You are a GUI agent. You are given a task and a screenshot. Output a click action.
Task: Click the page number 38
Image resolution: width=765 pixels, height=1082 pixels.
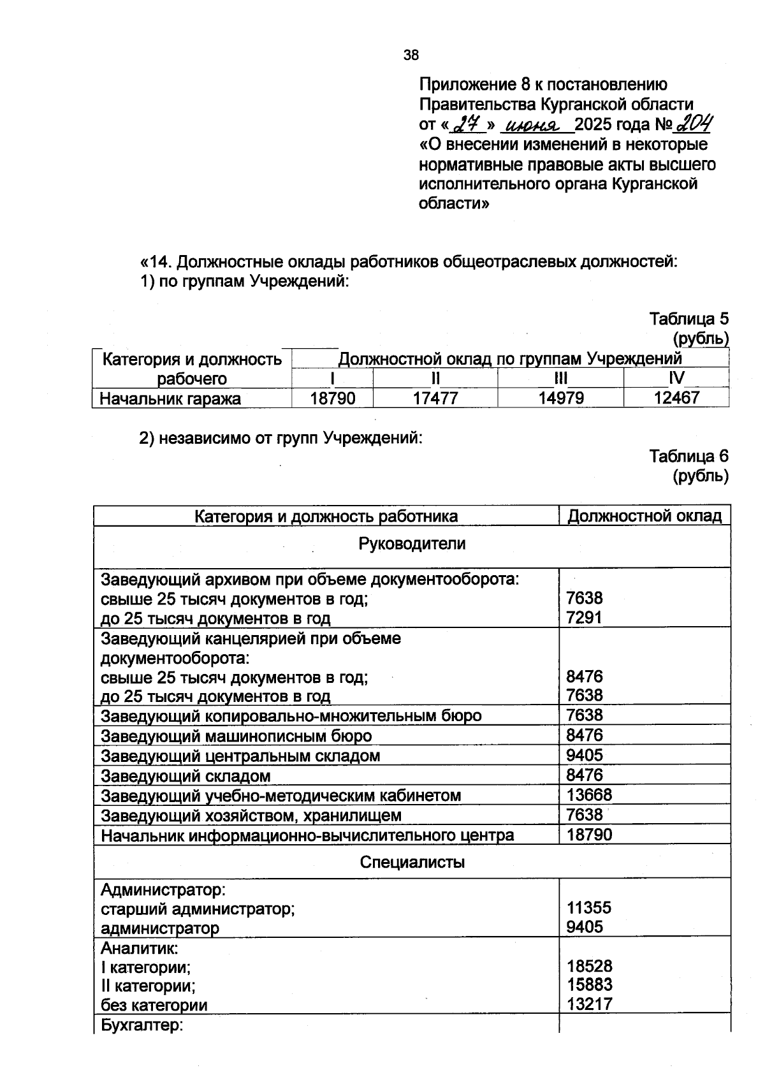click(x=411, y=55)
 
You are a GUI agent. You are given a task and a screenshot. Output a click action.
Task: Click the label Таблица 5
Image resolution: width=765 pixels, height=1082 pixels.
click(x=688, y=318)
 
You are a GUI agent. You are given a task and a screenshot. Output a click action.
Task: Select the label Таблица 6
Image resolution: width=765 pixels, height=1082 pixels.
click(x=688, y=457)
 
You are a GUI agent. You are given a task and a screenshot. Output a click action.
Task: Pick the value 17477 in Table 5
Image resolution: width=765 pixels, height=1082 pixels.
click(x=435, y=398)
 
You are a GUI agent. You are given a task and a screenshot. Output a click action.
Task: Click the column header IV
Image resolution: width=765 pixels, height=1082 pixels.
click(x=676, y=378)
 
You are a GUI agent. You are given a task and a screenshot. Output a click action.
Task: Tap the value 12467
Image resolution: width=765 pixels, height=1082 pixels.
click(x=676, y=398)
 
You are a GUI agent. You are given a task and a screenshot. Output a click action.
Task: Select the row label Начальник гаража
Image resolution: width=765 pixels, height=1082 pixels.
click(x=171, y=399)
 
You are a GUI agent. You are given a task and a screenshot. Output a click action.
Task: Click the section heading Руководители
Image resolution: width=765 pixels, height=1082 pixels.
click(x=412, y=544)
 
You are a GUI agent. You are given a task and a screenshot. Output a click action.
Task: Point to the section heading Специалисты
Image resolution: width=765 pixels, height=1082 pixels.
click(x=412, y=863)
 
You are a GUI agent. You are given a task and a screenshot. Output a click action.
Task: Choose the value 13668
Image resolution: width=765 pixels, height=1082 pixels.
click(x=589, y=795)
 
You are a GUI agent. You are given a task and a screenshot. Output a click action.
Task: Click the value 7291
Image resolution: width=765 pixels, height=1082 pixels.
click(x=584, y=618)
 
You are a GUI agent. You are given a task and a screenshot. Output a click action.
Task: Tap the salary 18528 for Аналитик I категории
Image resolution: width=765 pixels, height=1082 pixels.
click(x=589, y=967)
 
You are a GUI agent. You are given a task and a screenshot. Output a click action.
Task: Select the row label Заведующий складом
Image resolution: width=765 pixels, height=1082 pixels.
click(x=186, y=776)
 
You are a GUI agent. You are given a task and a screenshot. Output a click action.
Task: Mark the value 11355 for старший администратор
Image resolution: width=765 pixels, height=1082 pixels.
click(x=589, y=908)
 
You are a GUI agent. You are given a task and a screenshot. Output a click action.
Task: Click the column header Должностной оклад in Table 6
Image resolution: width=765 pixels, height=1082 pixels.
click(x=645, y=516)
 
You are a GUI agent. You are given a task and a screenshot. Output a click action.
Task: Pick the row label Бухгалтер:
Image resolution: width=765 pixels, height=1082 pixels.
click(x=142, y=1026)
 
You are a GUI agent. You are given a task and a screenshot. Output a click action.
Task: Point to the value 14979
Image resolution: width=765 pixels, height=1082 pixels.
click(x=561, y=398)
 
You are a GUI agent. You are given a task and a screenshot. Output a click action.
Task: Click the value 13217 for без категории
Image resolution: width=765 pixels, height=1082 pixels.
click(x=589, y=1005)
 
